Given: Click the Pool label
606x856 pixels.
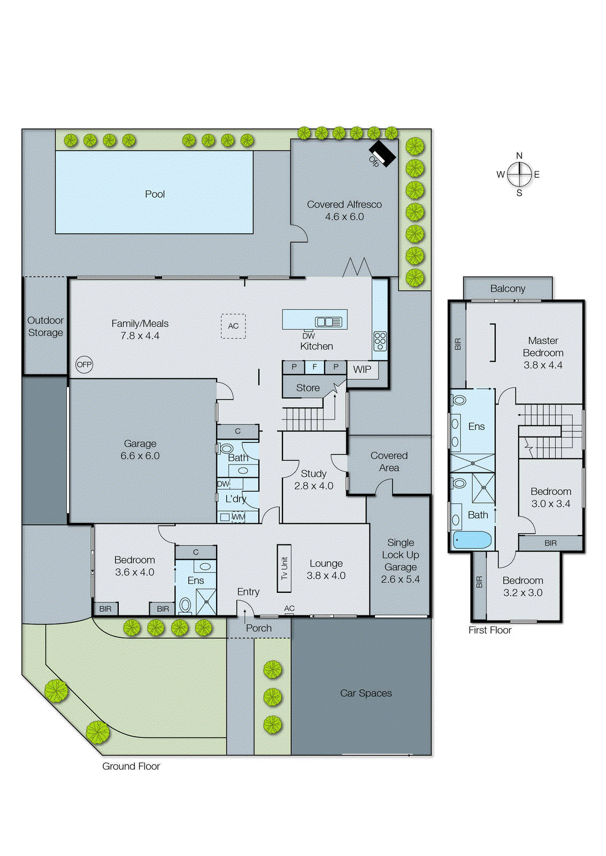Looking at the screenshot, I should [155, 194].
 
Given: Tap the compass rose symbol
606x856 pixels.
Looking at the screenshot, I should [519, 174].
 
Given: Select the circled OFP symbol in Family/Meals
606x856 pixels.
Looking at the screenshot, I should [84, 364].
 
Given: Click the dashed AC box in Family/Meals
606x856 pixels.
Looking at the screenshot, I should [233, 326].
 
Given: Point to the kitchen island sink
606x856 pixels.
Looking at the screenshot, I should [328, 322].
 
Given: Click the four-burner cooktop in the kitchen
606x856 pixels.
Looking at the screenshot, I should [380, 341].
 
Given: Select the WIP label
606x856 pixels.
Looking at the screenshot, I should [362, 369].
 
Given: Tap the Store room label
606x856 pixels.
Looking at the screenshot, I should [308, 388].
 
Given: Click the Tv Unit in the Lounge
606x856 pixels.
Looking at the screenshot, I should [284, 568].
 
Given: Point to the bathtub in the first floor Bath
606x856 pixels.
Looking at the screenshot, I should [472, 540].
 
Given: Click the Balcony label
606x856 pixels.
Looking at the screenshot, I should [508, 288].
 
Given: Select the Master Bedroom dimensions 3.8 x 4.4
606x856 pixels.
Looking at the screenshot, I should [543, 365].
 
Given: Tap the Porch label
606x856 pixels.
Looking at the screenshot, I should [259, 628].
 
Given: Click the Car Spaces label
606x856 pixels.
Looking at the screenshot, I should [366, 693].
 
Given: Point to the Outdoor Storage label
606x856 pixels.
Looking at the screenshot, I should [45, 326].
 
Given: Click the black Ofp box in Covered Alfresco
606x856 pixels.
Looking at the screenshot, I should [383, 153].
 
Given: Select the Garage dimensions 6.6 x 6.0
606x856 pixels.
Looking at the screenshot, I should [140, 456].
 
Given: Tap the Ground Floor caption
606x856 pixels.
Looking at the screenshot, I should [131, 766].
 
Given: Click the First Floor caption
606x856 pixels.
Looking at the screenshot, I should [490, 630].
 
